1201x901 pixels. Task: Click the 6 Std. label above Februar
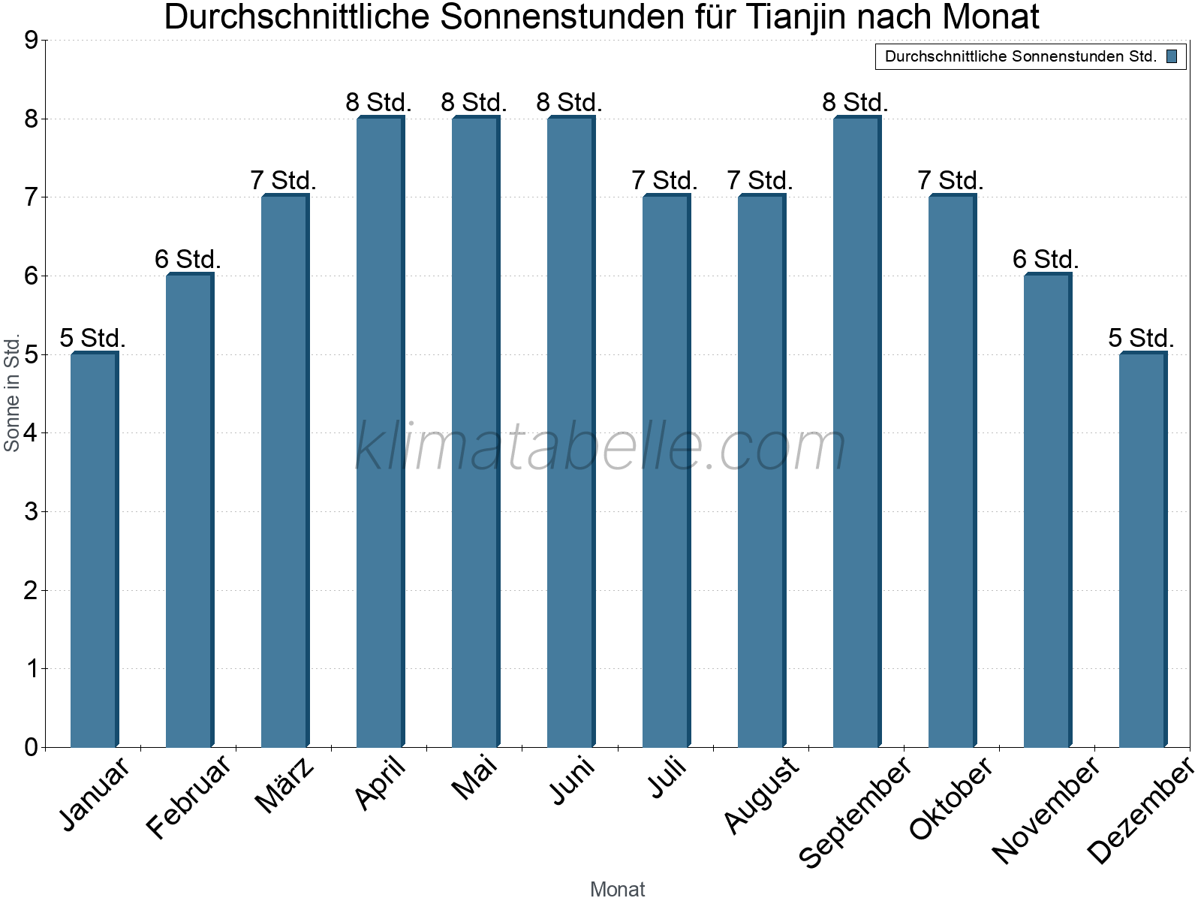pos(188,259)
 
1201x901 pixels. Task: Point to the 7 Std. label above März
pos(283,180)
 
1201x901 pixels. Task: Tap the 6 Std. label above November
pos(1046,259)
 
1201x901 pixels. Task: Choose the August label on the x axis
pos(761,794)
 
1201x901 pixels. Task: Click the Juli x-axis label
pos(667,778)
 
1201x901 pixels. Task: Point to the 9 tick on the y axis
pos(31,41)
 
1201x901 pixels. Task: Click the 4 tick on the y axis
pos(31,433)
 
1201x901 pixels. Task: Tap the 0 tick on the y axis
pos(31,747)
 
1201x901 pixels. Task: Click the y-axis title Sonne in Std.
pos(12,393)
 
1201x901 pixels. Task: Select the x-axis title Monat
pos(617,889)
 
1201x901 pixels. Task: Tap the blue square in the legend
pos(1172,56)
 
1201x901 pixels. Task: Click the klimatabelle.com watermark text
pos(600,447)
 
